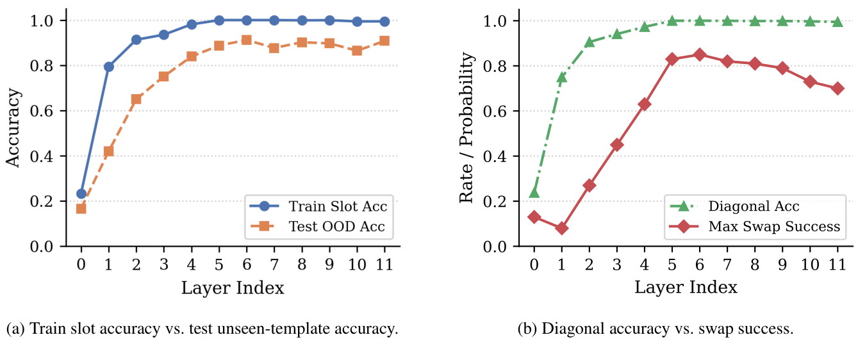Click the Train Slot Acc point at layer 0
(x=81, y=193)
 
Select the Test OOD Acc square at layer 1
(x=109, y=151)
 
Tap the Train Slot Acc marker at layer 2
(x=136, y=40)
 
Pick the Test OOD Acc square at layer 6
(x=247, y=40)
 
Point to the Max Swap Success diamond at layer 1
(x=562, y=228)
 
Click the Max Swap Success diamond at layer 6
(x=700, y=54)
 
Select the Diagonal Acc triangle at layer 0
(x=534, y=192)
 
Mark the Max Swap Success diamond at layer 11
(x=837, y=88)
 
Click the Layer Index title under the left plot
(x=233, y=288)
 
